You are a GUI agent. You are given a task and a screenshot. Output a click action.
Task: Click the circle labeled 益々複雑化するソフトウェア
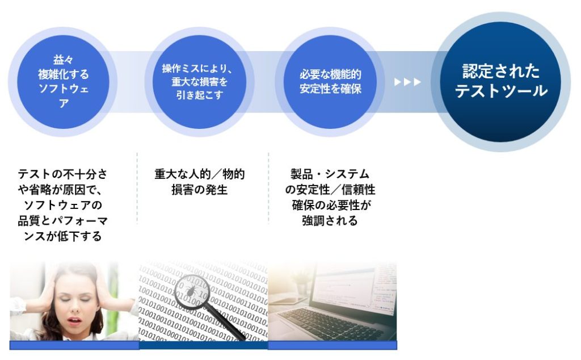[63, 82]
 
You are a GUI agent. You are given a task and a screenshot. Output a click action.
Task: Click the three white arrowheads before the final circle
[408, 82]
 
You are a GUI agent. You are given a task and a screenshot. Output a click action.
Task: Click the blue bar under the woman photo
[74, 345]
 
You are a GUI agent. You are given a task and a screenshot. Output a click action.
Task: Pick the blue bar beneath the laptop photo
[332, 345]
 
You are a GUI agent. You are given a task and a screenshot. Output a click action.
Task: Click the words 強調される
[330, 221]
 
